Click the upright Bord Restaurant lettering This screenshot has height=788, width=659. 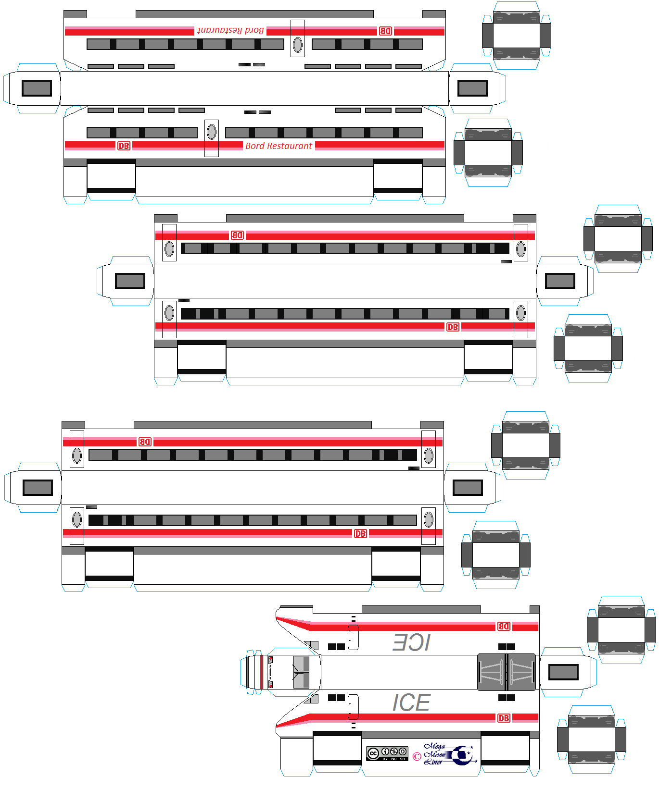coord(279,146)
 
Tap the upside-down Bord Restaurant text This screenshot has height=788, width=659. coord(230,30)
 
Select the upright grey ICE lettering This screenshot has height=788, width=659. coord(411,702)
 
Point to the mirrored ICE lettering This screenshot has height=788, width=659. coord(411,642)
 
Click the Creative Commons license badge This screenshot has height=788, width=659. coord(387,753)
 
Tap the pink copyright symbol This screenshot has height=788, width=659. coord(417,756)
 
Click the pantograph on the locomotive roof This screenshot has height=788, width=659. coord(506,672)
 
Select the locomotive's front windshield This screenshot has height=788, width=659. coord(301,672)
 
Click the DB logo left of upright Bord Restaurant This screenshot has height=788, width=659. coord(124,146)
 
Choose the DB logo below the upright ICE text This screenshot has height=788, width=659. coord(504,718)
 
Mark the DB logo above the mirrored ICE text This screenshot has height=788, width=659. coord(504,626)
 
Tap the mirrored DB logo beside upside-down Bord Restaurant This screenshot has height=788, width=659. coord(385,31)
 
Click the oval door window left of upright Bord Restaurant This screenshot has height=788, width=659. coord(211,132)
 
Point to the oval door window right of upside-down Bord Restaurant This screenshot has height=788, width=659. coord(298,45)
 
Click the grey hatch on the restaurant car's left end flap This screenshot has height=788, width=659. coord(37,88)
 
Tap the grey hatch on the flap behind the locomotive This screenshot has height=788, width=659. coord(563,672)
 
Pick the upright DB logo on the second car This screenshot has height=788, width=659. coord(453,327)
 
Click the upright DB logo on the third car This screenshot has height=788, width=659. coord(360,534)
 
